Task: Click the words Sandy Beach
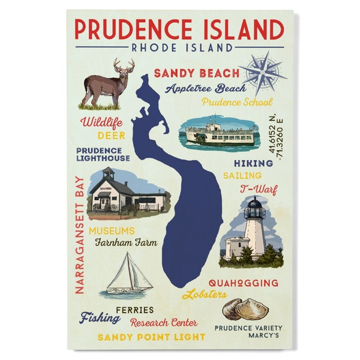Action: pyautogui.click(x=196, y=74)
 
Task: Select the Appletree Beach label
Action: pyautogui.click(x=206, y=89)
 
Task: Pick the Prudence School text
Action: pyautogui.click(x=237, y=102)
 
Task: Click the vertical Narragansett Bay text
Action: pyautogui.click(x=78, y=234)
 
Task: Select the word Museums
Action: pyautogui.click(x=112, y=230)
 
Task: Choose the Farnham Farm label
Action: pyautogui.click(x=125, y=243)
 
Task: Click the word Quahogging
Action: pyautogui.click(x=243, y=283)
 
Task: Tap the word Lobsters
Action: pyautogui.click(x=205, y=294)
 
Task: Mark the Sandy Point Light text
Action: pyautogui.click(x=151, y=337)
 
